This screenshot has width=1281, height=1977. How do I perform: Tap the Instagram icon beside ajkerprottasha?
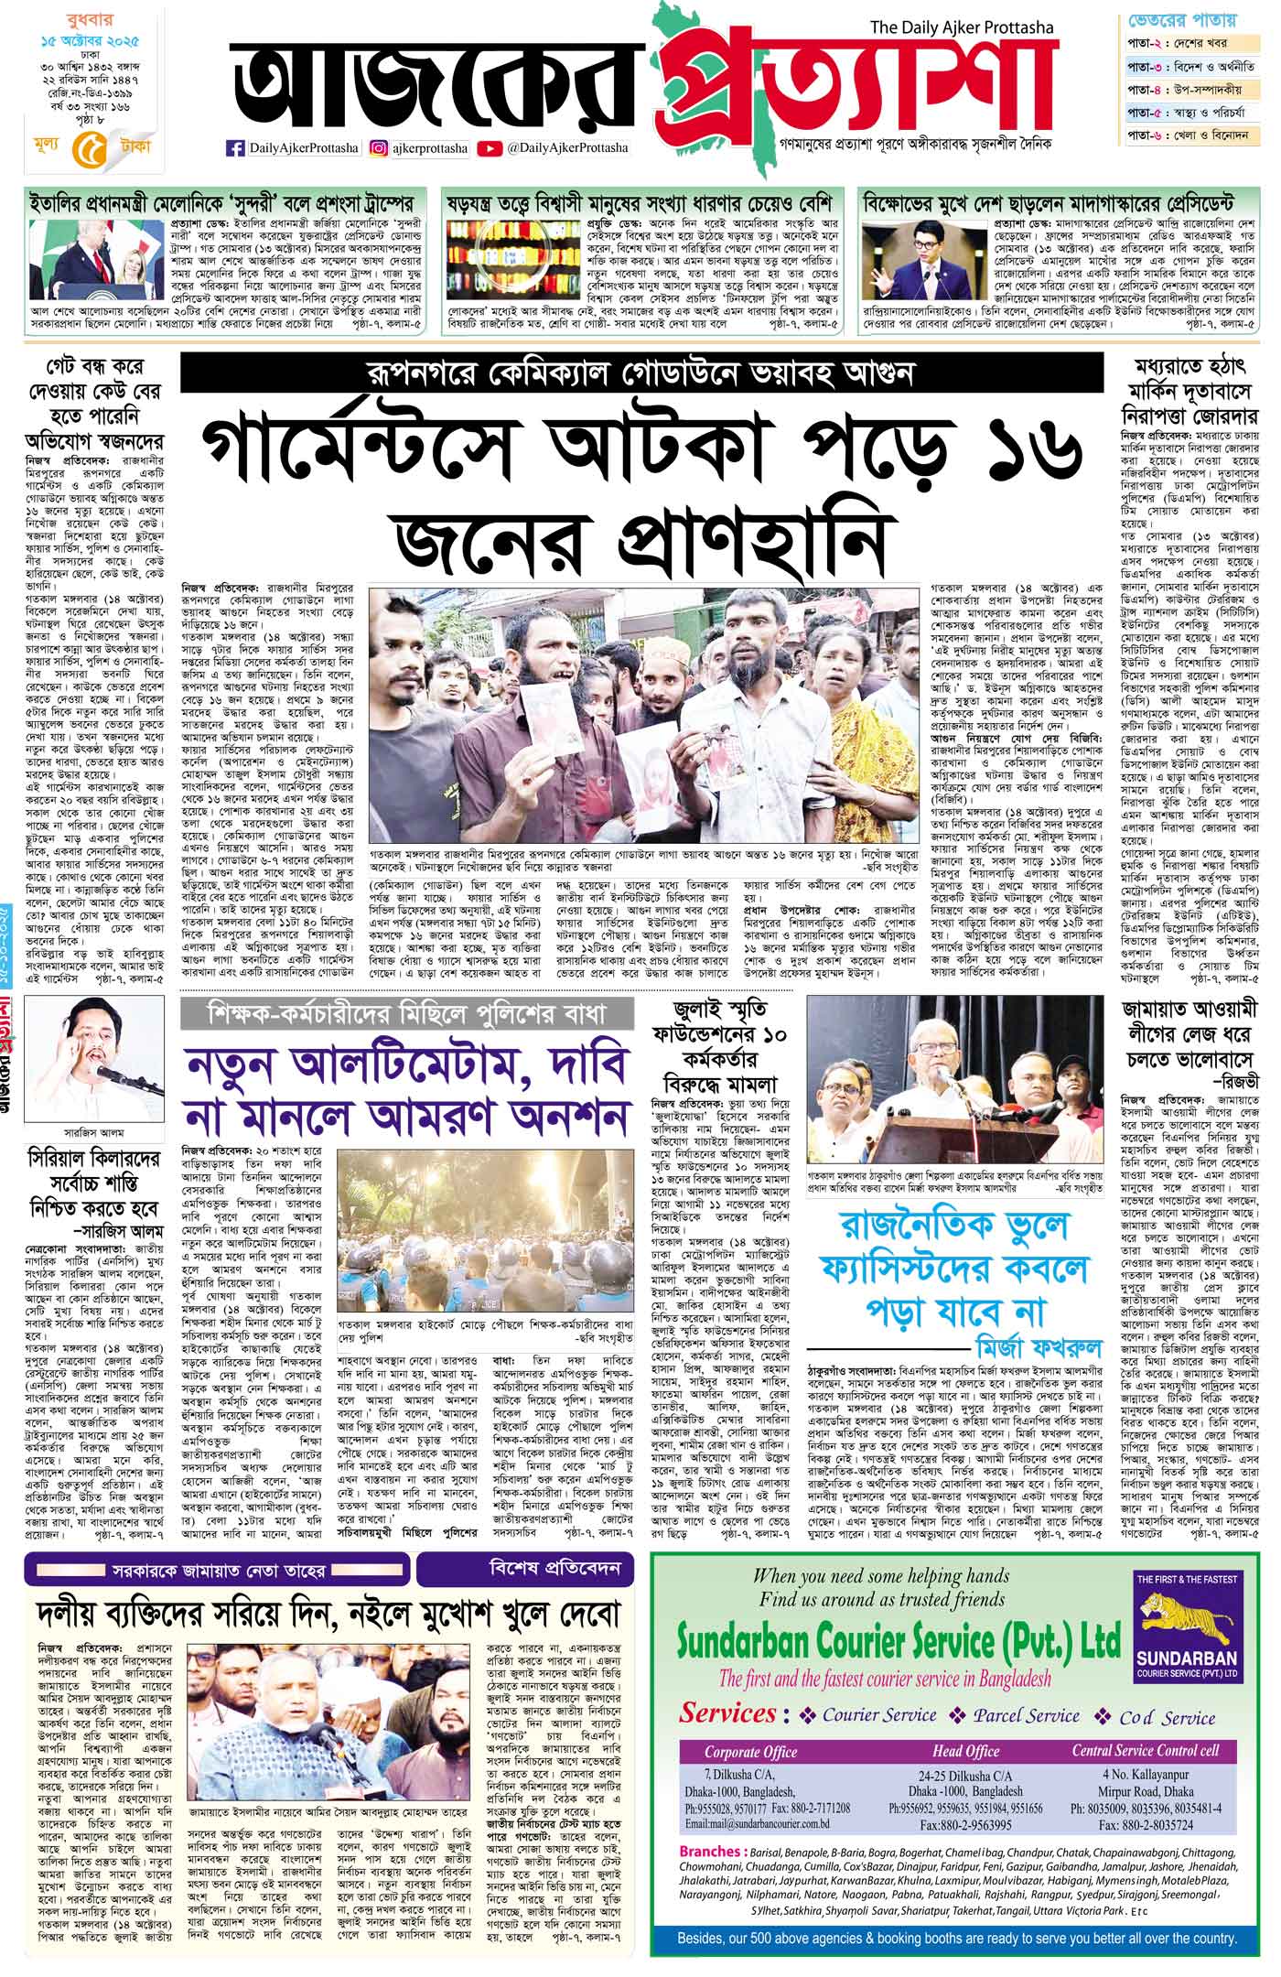(379, 147)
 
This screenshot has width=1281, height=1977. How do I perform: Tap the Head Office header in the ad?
(966, 1752)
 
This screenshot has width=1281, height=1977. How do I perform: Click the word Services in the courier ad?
(727, 1713)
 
